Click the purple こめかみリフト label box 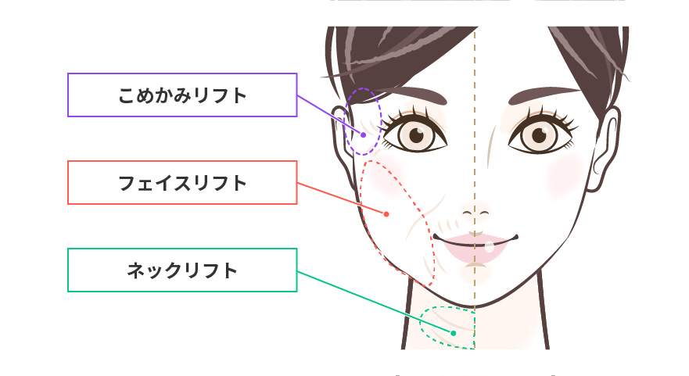[x=182, y=95]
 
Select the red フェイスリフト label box [x=182, y=183]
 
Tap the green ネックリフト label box [x=182, y=270]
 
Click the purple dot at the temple [x=364, y=135]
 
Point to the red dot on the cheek [x=386, y=214]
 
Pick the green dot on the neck [x=454, y=333]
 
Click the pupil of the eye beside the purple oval [x=416, y=135]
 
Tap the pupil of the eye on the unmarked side [x=539, y=135]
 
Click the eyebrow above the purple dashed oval [x=411, y=94]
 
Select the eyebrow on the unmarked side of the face [x=544, y=95]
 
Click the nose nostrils [x=475, y=213]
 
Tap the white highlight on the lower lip [x=490, y=247]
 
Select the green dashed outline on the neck [x=420, y=323]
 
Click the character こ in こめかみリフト [x=126, y=95]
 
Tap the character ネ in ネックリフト [x=135, y=270]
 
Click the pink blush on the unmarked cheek [x=566, y=175]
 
